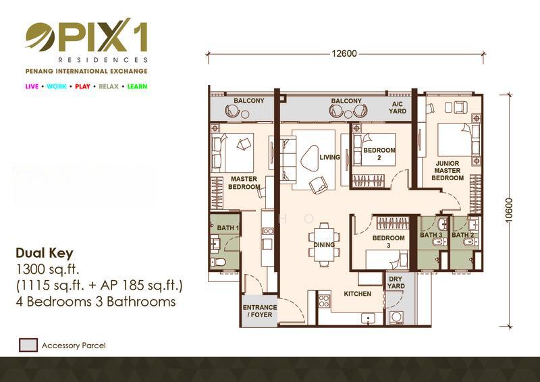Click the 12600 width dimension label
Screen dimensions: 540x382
(344, 53)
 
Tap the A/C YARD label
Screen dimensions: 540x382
(398, 107)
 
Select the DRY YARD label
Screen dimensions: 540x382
(396, 283)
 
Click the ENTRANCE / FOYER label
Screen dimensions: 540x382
(259, 310)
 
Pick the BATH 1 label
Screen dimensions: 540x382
(227, 227)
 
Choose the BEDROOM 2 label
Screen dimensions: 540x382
(379, 154)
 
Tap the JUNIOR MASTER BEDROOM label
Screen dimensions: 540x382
(448, 171)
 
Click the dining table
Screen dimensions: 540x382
(324, 244)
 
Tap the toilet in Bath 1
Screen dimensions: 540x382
(218, 262)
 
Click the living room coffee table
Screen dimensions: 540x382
(310, 158)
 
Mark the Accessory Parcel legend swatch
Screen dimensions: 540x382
(28, 345)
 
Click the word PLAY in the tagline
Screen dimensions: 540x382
(82, 86)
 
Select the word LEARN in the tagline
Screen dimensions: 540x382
(137, 86)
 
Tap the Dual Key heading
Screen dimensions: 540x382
(45, 253)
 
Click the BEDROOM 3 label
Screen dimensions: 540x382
(389, 242)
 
